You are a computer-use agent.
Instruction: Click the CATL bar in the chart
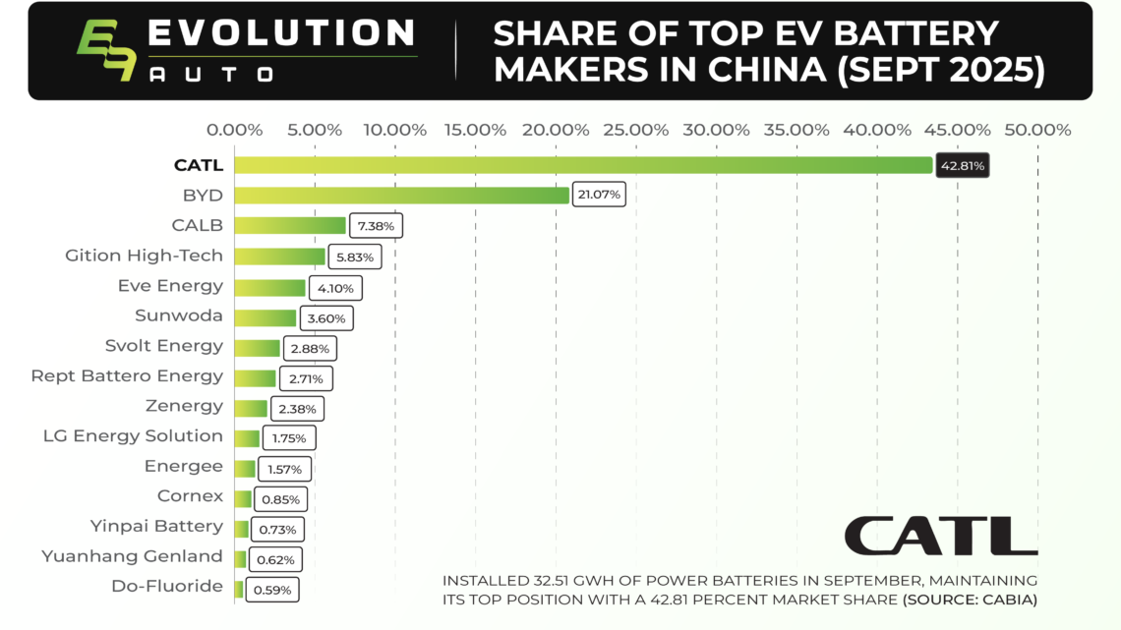582,165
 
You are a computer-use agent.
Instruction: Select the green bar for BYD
401,195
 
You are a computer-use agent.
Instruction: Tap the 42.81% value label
963,166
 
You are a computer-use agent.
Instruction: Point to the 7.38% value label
376,226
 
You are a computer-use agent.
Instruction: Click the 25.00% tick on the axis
636,130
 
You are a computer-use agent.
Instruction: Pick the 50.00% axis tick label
1038,130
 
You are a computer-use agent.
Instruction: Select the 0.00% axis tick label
235,130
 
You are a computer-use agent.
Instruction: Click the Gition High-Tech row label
144,256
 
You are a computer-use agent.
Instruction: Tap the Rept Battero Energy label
127,375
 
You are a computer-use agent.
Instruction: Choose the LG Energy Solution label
133,435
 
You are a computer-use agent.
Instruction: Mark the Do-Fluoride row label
167,586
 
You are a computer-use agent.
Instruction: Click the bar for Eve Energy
269,287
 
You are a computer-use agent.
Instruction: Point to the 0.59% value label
271,591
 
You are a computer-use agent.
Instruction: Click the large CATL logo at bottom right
940,536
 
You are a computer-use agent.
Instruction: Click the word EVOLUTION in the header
280,33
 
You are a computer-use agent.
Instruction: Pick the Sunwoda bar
265,317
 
